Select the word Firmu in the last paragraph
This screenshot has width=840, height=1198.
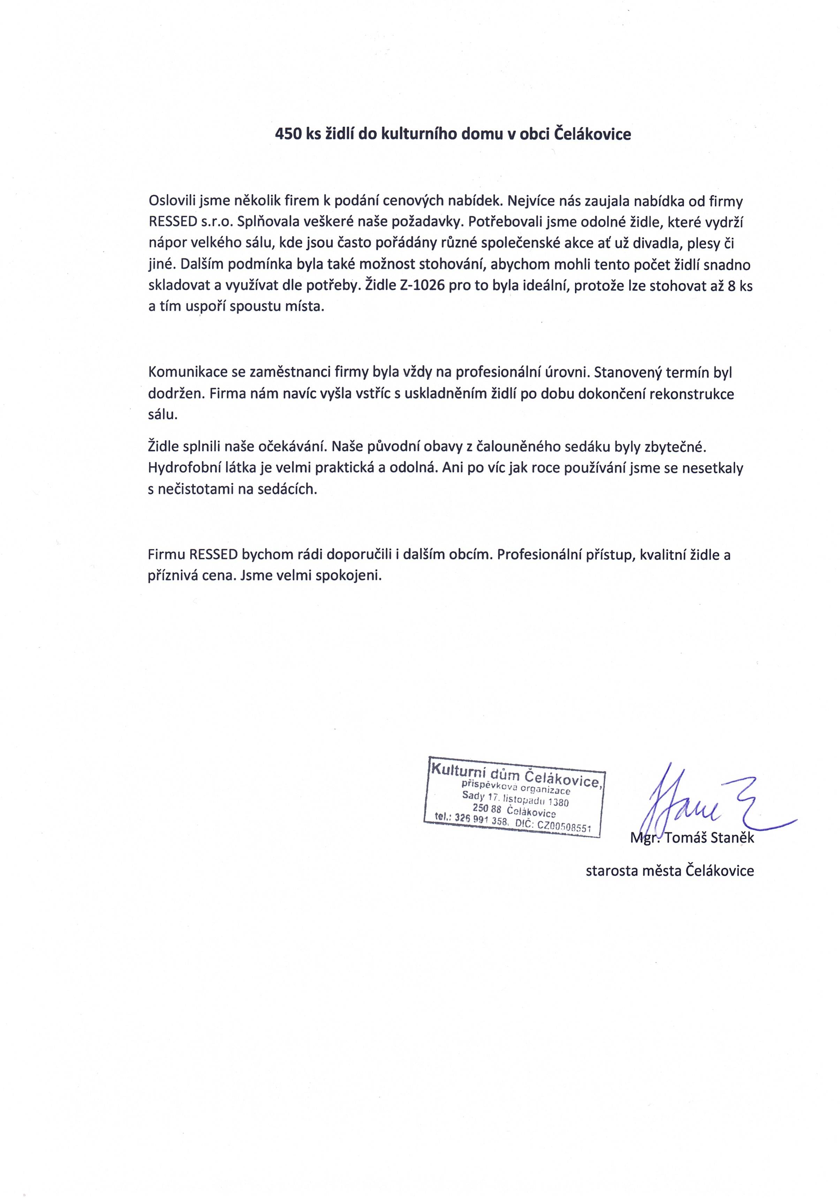166,554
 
